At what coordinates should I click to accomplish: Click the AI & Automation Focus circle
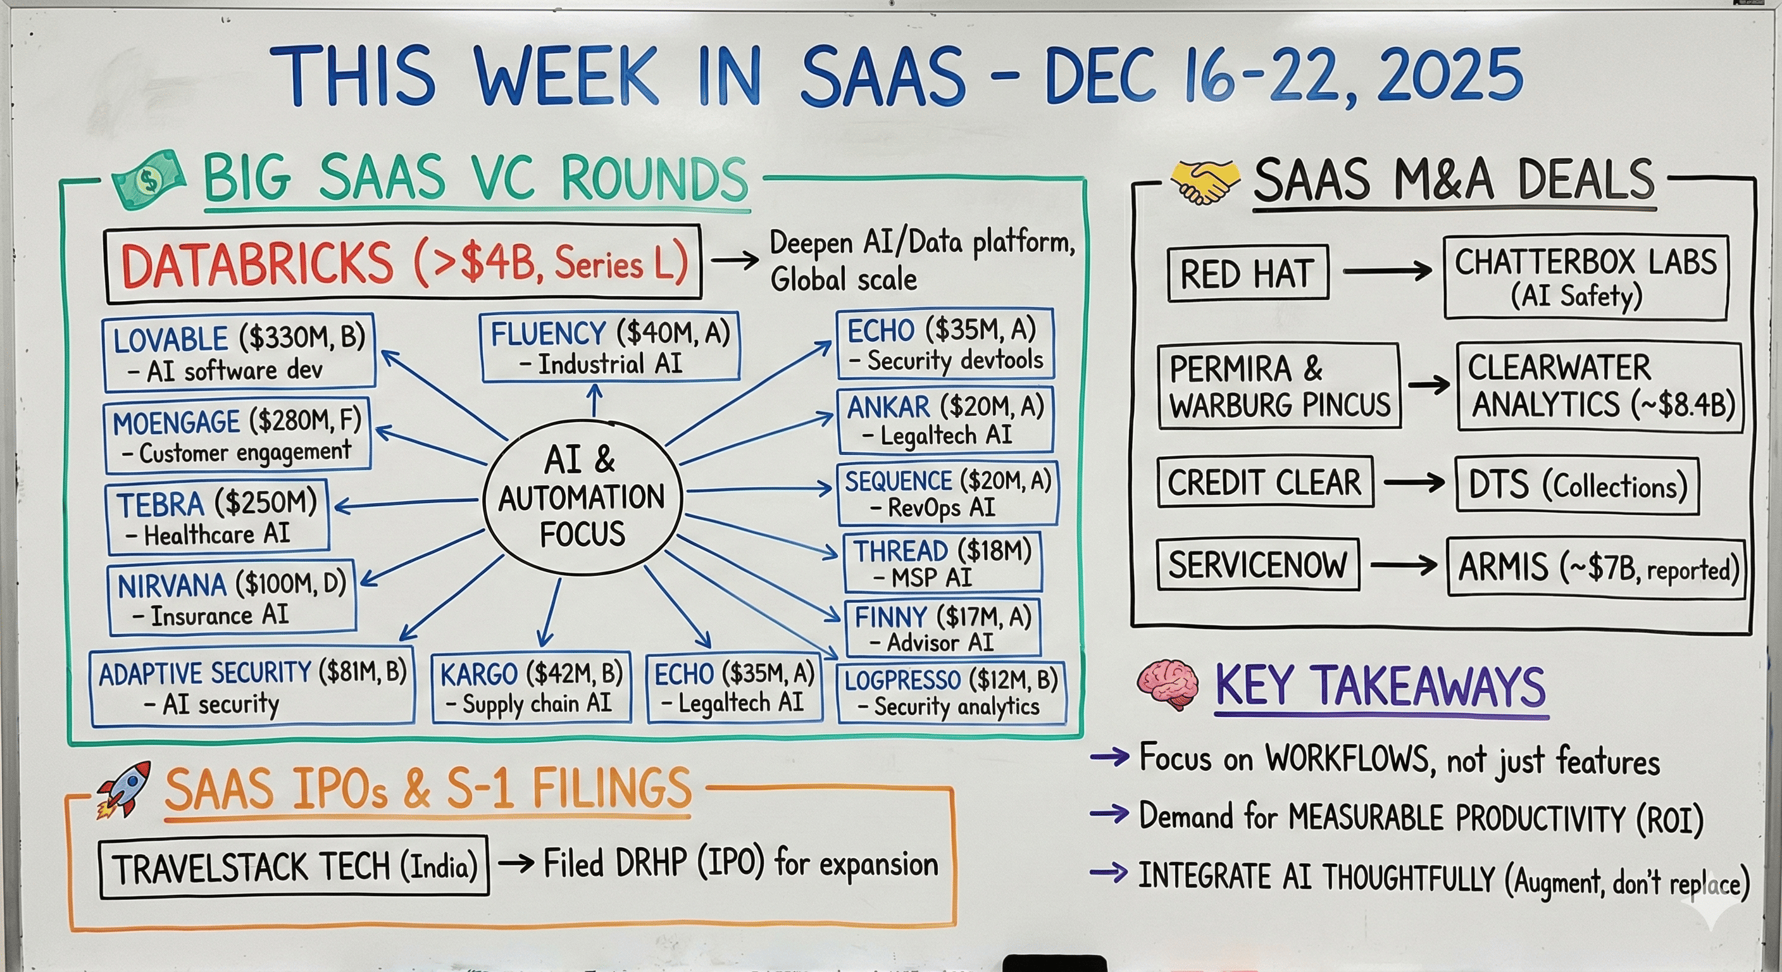click(x=582, y=497)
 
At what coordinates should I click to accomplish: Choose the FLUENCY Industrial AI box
click(x=610, y=347)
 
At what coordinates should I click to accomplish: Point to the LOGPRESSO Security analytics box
click(x=951, y=693)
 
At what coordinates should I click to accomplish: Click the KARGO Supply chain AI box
click(x=532, y=688)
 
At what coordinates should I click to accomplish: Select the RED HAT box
click(x=1247, y=273)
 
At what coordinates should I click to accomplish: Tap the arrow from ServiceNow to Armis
click(x=1403, y=566)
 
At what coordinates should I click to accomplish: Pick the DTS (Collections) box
click(x=1576, y=485)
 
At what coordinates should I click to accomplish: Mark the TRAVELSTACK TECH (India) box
click(x=294, y=867)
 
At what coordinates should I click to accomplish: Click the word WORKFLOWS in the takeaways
click(x=1347, y=758)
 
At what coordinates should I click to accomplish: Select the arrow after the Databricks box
click(x=735, y=261)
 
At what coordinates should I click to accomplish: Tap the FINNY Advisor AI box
click(x=942, y=628)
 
